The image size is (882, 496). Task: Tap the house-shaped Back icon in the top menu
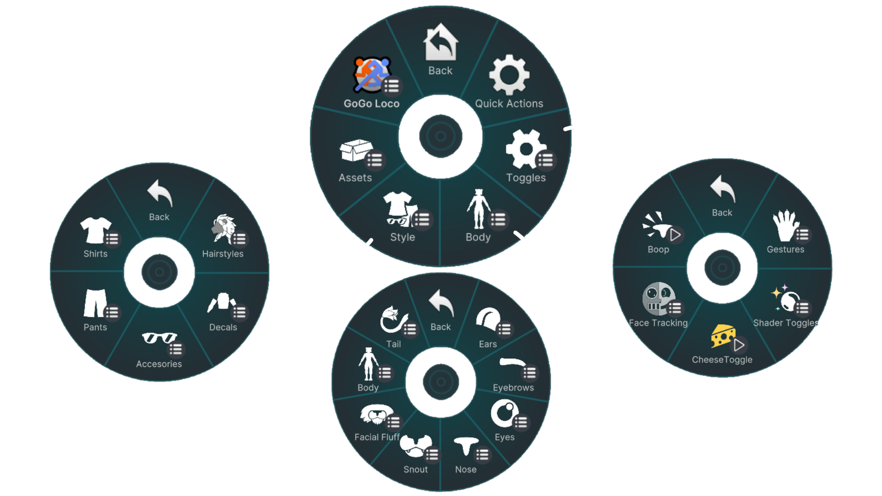[440, 42]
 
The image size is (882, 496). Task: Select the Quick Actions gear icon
[509, 75]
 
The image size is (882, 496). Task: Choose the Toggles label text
[526, 178]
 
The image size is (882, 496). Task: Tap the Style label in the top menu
[402, 238]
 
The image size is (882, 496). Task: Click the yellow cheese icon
[723, 336]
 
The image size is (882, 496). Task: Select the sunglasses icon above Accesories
[159, 337]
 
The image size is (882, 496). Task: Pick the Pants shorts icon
[94, 303]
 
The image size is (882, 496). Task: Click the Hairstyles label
[223, 254]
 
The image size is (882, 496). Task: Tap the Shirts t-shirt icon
[95, 230]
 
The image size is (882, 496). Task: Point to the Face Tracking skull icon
[658, 298]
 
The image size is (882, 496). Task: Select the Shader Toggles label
[786, 323]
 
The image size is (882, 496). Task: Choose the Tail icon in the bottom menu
[393, 320]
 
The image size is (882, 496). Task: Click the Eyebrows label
[513, 388]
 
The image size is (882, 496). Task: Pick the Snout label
[416, 470]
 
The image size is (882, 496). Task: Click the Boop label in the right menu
[658, 250]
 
